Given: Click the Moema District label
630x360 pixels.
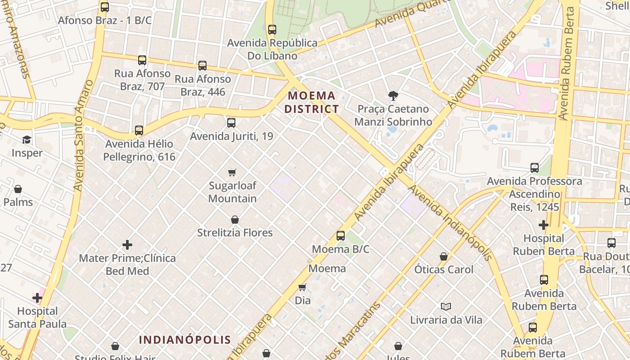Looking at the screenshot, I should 311,102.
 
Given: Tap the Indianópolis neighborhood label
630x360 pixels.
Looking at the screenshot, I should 184,340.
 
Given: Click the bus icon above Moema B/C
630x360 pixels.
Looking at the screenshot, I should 341,235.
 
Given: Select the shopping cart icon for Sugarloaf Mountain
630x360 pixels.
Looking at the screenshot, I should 232,172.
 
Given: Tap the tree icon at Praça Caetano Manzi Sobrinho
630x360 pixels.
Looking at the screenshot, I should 393,95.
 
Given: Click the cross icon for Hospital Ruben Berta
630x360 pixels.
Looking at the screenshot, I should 544,225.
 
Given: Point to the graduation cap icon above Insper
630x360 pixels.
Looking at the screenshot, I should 27,139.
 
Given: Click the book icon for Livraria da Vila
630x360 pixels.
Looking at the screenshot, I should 445,306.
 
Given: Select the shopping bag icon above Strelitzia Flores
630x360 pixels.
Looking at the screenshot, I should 234,220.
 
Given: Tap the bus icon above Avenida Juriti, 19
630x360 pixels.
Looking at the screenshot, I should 231,122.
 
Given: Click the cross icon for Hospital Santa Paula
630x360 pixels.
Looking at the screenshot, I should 37,298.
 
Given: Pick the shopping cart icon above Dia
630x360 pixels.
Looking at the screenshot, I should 302,287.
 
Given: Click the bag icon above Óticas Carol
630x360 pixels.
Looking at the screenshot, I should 444,256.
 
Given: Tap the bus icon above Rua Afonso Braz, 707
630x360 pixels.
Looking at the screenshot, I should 142,60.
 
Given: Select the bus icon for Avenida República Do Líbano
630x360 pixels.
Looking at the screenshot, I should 272,30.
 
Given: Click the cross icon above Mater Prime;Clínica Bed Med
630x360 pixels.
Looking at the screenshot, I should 127,245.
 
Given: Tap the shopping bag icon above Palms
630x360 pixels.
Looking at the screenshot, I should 18,189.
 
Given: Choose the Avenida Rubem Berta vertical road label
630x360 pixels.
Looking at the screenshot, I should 568,63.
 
